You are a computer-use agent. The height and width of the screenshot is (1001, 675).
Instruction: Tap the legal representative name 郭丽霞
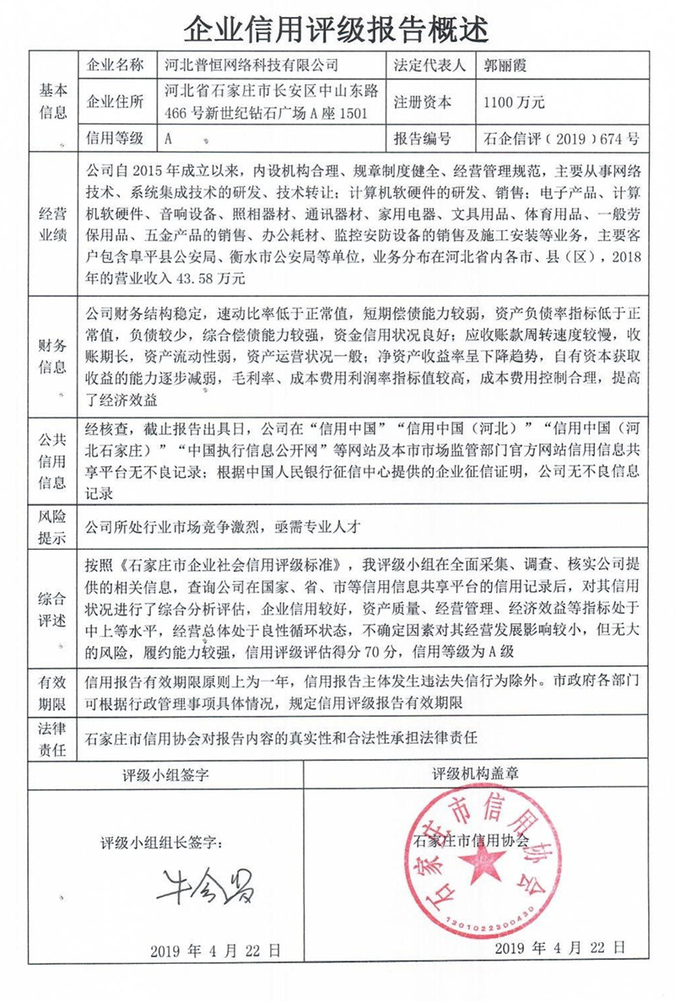[505, 64]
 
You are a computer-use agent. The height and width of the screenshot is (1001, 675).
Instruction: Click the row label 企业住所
[116, 102]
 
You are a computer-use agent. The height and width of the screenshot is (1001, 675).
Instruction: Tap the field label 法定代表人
[429, 64]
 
